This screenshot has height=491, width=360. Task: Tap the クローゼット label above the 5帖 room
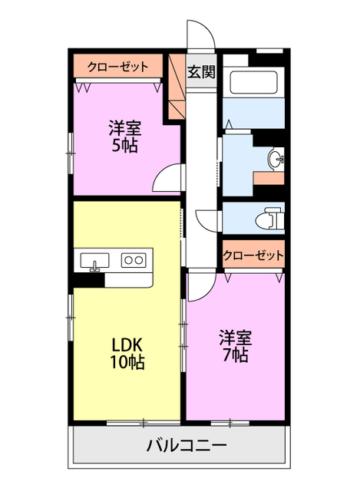click(117, 67)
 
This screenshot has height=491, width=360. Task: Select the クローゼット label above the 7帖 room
click(253, 255)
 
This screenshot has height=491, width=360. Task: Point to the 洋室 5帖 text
click(124, 136)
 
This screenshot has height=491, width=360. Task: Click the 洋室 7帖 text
click(235, 346)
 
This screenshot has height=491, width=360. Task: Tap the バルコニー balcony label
click(185, 446)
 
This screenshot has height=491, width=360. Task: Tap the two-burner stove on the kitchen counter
click(133, 260)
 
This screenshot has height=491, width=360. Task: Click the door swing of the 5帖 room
click(167, 180)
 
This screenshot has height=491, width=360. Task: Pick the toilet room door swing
click(209, 219)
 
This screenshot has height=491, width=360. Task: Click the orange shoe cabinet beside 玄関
click(176, 88)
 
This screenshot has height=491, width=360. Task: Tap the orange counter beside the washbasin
click(269, 178)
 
